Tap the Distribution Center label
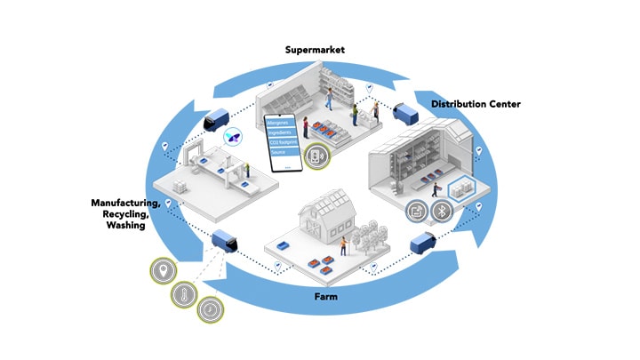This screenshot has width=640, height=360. (x=476, y=104)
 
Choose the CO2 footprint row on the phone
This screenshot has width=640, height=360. (x=286, y=141)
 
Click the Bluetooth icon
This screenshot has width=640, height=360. (x=442, y=212)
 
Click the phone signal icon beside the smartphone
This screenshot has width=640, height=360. (x=317, y=158)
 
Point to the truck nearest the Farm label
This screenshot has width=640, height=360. (x=420, y=242)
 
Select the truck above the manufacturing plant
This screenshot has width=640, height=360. (x=216, y=119)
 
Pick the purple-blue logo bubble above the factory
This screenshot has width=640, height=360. (x=233, y=136)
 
